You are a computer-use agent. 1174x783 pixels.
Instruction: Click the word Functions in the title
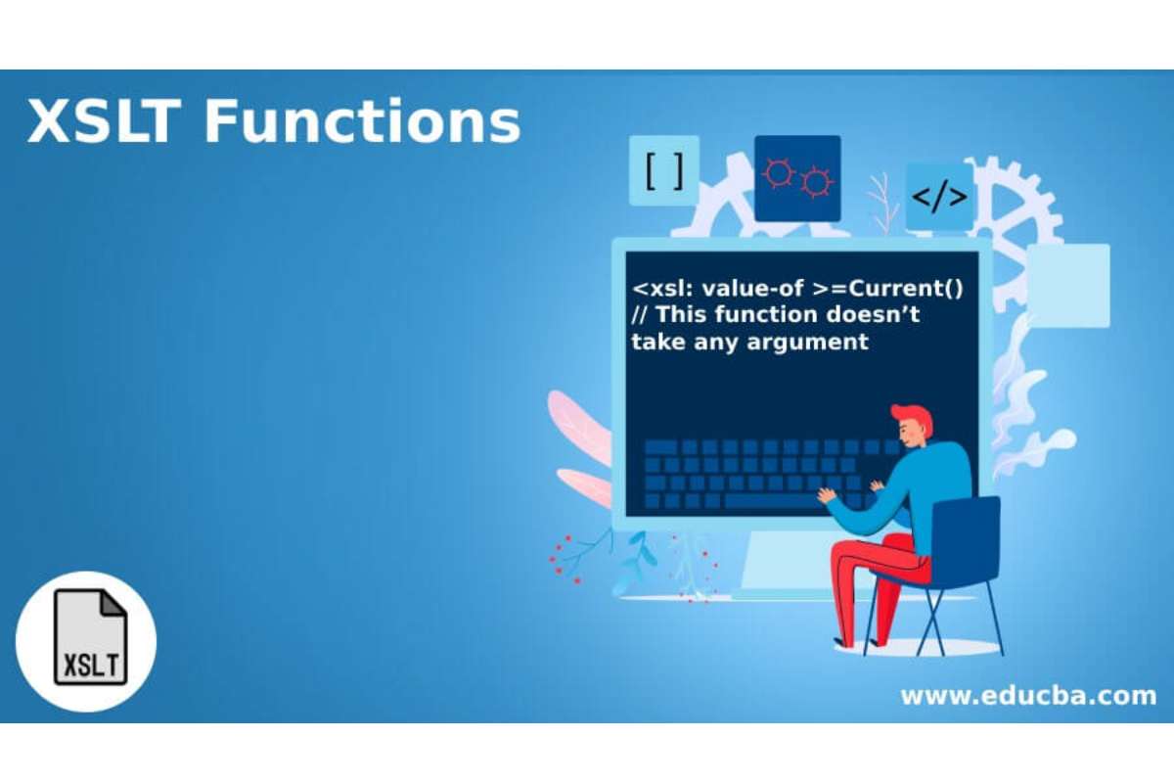point(363,121)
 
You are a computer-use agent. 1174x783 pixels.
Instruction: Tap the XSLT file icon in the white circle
point(91,637)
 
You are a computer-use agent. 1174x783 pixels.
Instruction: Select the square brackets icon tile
point(664,170)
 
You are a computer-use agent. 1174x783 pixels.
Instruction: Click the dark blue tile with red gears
point(797,178)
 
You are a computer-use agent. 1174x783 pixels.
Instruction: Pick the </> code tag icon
point(940,197)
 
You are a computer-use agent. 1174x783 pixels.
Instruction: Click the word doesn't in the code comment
point(873,315)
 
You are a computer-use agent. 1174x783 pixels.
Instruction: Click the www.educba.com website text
point(1028,696)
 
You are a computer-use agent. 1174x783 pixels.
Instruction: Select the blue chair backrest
point(966,540)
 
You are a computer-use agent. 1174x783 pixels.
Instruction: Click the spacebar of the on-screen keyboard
point(772,501)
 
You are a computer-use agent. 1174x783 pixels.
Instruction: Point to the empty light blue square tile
point(1067,286)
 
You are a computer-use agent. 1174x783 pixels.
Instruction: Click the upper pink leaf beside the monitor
point(580,425)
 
